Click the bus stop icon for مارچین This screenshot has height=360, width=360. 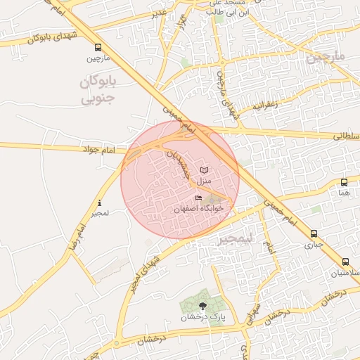98,48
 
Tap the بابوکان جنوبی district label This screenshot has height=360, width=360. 96,91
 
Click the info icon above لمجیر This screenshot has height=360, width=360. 99,204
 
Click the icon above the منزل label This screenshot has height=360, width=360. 204,170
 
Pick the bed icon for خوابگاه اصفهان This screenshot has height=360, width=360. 198,198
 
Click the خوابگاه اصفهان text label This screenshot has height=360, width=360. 199,209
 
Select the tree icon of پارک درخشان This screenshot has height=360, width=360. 203,305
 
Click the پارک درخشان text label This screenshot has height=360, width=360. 203,316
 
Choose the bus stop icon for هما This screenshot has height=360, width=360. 344,182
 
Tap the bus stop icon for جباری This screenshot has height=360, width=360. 314,235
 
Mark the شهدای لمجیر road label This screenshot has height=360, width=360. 141,270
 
